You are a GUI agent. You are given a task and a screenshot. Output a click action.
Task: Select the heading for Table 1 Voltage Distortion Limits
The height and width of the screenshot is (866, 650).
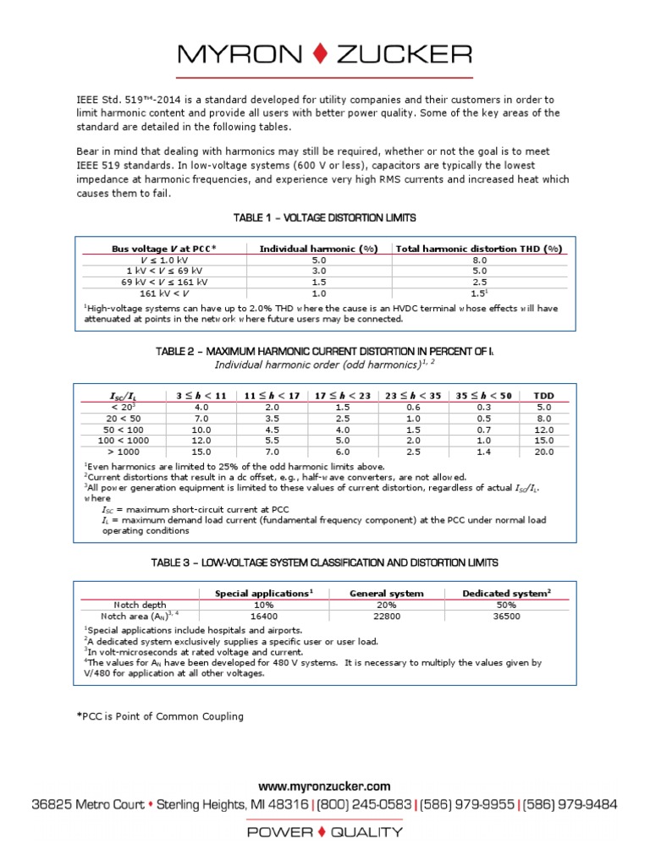[325, 218]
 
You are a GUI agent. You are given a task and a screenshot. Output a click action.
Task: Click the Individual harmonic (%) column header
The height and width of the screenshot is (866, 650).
[318, 249]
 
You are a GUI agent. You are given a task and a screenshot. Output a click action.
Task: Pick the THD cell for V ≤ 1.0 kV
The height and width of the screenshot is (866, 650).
[479, 260]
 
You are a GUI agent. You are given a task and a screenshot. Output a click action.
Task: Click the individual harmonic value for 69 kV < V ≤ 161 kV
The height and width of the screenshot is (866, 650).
[318, 282]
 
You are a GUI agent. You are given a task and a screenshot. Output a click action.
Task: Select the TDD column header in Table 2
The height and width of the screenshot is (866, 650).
[543, 395]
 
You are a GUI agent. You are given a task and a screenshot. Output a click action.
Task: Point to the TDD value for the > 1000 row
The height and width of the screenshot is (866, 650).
[543, 452]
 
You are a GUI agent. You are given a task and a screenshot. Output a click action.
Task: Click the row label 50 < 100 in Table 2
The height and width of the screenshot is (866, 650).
[123, 430]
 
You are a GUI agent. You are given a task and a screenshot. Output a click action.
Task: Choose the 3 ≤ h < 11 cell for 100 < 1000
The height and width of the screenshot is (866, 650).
[198, 441]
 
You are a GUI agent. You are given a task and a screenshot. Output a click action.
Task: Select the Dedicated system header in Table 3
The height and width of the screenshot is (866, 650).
[506, 594]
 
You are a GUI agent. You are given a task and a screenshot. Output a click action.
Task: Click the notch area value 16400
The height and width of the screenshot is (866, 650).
[263, 617]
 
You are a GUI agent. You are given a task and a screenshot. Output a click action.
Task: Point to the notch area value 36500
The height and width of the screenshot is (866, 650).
[506, 617]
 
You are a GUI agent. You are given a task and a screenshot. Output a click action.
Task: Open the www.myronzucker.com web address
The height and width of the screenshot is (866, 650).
[325, 787]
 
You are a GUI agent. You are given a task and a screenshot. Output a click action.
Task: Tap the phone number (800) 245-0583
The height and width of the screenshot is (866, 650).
[365, 804]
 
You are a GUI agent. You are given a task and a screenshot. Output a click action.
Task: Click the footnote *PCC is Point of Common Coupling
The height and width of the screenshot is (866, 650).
[160, 716]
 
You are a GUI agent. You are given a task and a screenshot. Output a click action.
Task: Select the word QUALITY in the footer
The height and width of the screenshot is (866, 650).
[366, 832]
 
